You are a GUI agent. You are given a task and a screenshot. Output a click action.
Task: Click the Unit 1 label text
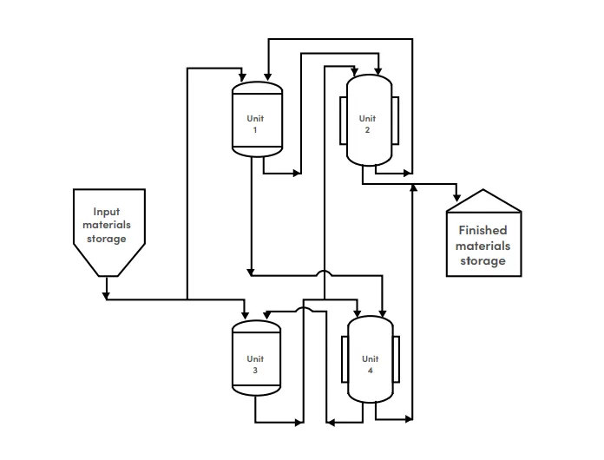(255, 124)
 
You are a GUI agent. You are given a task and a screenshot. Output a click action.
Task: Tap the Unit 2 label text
(367, 124)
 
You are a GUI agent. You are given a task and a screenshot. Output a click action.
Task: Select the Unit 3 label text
(255, 365)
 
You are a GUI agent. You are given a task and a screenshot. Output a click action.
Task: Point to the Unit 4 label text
(371, 365)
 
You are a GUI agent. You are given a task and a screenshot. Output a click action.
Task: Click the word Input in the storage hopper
(107, 213)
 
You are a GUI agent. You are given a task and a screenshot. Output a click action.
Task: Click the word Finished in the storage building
(483, 230)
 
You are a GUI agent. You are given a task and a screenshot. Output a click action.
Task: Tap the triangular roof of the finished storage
(484, 201)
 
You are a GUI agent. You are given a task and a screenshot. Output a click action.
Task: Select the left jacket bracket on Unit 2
(343, 121)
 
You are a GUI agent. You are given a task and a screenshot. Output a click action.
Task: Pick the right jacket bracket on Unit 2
(395, 121)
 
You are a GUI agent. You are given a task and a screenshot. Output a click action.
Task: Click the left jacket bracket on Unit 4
(345, 359)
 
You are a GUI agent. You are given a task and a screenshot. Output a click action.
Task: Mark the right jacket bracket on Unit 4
(396, 359)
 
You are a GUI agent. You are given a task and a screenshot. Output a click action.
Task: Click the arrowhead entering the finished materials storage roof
(456, 198)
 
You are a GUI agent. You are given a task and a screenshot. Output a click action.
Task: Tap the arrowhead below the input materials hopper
(107, 296)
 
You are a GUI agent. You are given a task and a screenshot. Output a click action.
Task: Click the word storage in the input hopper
(107, 239)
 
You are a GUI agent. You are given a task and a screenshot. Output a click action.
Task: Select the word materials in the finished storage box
(483, 246)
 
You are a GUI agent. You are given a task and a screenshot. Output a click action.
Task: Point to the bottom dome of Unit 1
(258, 152)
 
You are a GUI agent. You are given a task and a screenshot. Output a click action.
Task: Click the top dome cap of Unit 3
(257, 325)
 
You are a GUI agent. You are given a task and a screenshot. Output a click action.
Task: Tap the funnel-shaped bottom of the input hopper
(109, 260)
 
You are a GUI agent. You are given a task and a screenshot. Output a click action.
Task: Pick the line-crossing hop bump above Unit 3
(305, 309)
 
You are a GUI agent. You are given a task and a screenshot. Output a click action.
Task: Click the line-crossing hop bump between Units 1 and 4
(325, 273)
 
